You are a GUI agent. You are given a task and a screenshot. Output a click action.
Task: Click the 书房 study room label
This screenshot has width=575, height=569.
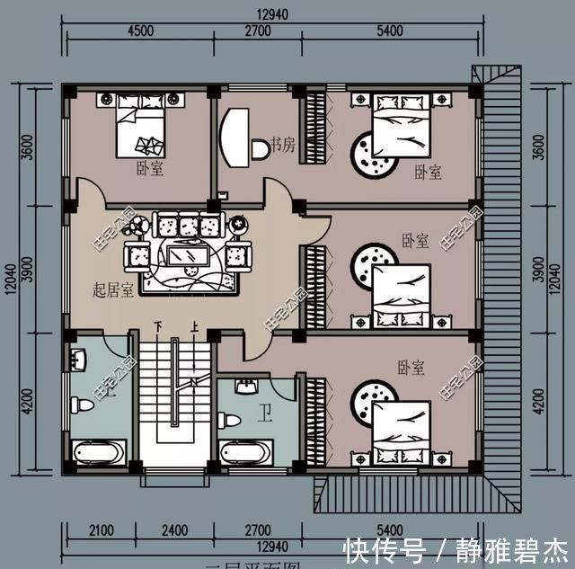tap(282, 145)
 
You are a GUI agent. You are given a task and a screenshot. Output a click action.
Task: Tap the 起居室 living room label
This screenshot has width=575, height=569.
tap(113, 289)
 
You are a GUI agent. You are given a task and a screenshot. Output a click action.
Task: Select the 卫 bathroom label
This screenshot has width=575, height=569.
tap(266, 413)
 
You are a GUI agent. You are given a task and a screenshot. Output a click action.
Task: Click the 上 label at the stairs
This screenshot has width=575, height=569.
tap(193, 326)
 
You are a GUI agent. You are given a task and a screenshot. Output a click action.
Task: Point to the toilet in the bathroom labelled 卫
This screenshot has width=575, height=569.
tap(230, 420)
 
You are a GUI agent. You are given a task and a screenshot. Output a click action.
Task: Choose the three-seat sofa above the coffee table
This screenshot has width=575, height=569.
tap(190, 224)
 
